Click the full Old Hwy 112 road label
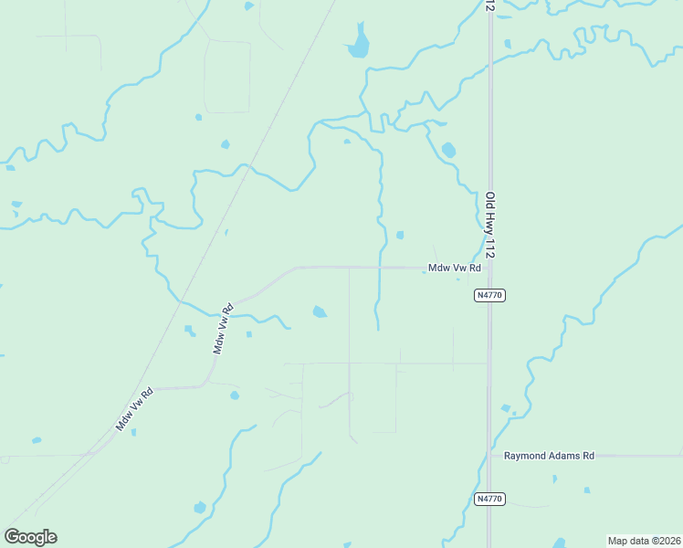[490, 225]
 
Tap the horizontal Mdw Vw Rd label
[455, 269]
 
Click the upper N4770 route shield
[490, 296]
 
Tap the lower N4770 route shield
[490, 499]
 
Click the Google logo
[30, 537]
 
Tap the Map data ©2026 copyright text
[644, 541]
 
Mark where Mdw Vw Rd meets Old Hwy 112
[490, 268]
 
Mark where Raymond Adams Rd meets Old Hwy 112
[490, 455]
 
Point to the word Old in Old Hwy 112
[490, 199]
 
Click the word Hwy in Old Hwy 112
[490, 222]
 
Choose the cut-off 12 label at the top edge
[490, 5]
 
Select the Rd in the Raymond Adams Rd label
[587, 455]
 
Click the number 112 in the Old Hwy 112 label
[490, 248]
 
